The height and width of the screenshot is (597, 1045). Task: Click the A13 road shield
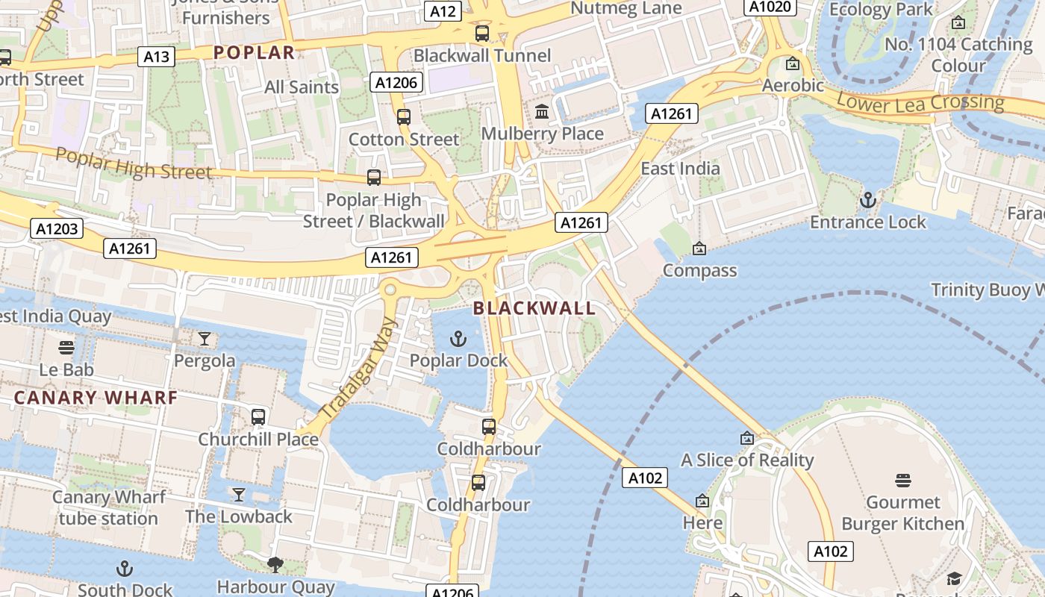156,56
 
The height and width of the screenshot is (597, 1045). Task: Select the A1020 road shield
770,7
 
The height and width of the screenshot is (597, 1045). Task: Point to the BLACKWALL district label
534,308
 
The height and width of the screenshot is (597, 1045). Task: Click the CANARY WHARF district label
96,398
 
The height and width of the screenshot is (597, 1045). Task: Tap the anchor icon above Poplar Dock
458,340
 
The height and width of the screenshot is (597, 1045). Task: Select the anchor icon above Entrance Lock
867,200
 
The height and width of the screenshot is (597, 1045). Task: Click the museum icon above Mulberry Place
542,112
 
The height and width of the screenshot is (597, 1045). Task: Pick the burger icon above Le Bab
66,347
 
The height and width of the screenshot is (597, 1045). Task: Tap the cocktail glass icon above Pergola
205,339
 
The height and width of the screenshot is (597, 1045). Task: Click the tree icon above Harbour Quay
275,564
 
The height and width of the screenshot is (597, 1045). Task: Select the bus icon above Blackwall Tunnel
482,33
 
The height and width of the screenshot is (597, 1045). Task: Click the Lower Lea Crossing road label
920,102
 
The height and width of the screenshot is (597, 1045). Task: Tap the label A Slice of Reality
747,460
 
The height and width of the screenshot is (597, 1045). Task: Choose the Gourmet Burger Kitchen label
903,513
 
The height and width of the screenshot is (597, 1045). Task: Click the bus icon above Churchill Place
258,416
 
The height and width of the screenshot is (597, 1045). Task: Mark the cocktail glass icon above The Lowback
239,494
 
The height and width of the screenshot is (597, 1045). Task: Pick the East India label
680,169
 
